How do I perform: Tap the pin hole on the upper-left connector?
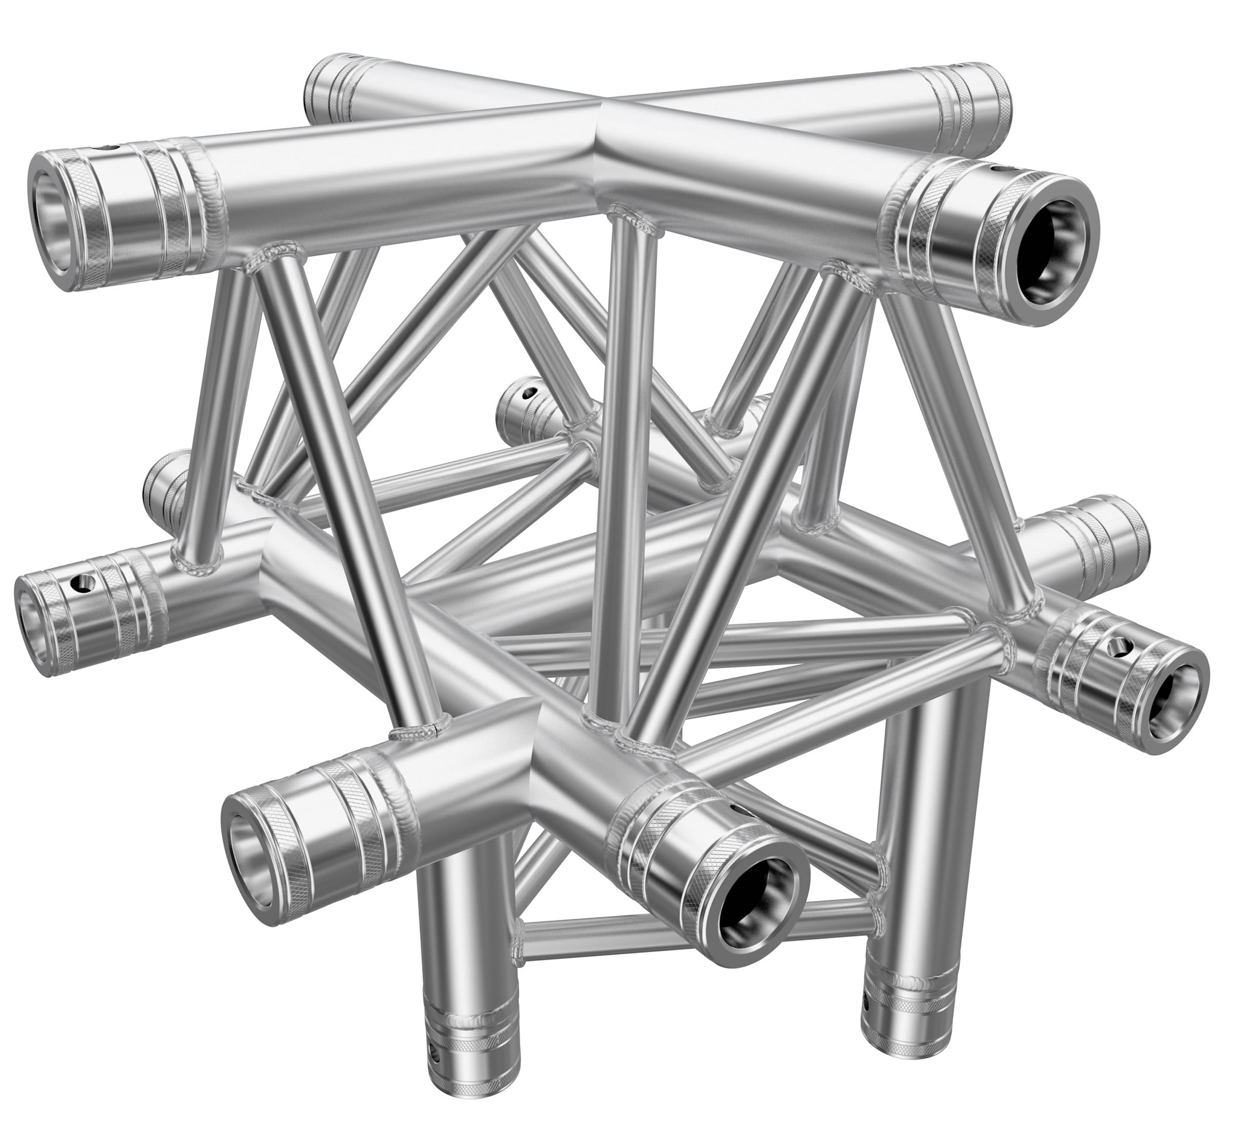(x=112, y=149)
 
